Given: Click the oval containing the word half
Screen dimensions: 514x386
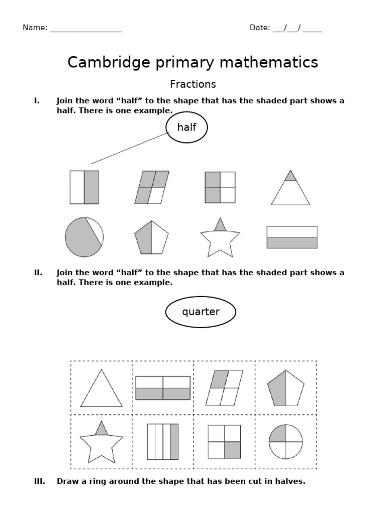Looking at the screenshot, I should click(186, 127).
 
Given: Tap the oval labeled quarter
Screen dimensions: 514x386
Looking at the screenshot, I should click(201, 312).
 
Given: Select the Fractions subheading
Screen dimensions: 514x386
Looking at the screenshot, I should click(193, 84).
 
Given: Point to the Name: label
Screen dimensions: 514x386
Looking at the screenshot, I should click(35, 28).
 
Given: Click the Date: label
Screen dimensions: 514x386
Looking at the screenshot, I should click(260, 28).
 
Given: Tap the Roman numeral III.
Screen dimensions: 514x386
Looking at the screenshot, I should click(39, 481).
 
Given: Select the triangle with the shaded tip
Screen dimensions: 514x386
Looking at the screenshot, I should click(291, 189).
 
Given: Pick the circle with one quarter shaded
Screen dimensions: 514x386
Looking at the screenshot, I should click(286, 442).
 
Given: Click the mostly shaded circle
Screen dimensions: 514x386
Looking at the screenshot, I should click(84, 237).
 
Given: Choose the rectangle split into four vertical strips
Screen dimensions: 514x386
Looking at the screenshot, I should click(163, 442).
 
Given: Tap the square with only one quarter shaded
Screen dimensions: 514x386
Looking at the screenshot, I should click(224, 442).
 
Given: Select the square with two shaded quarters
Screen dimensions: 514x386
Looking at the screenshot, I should click(220, 187).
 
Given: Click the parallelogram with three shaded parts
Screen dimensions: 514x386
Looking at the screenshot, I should click(152, 187).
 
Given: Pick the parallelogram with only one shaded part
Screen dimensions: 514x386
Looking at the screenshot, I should click(224, 388).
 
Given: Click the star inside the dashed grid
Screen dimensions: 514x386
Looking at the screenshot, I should click(102, 444).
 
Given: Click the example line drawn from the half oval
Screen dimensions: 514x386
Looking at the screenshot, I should click(130, 148).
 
